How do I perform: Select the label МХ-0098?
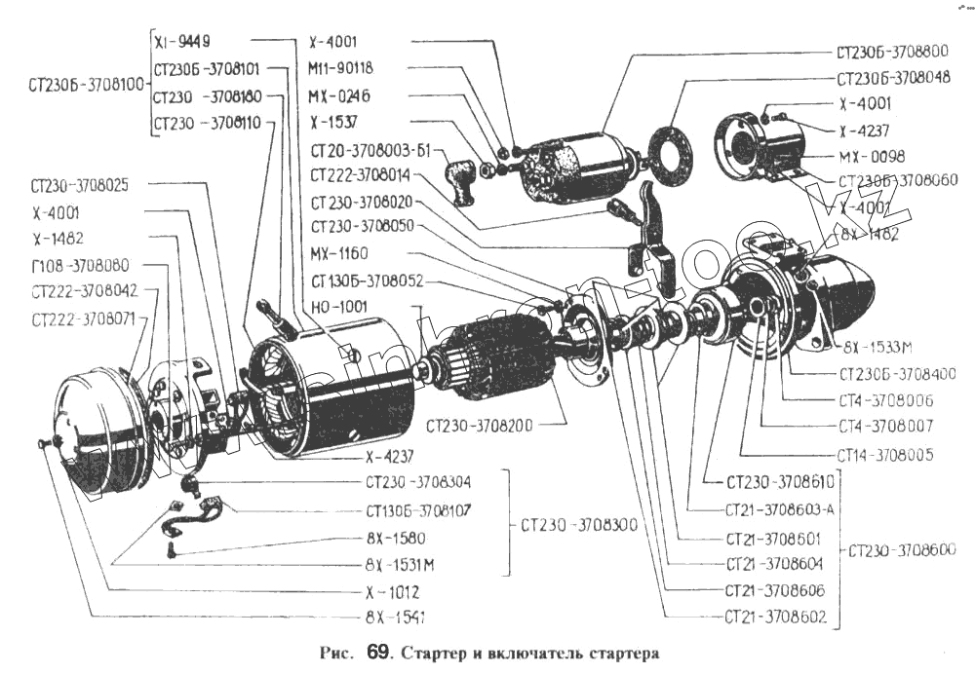(871, 156)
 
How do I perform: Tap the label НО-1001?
(340, 306)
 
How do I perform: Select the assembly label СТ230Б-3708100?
(74, 84)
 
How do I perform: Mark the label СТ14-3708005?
(885, 454)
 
